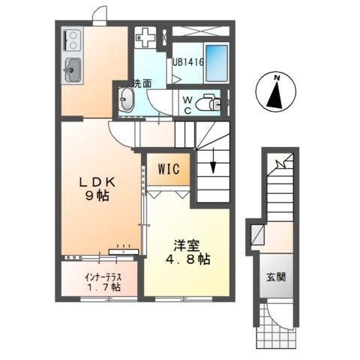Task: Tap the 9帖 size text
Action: tap(98, 200)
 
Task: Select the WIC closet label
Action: tap(168, 169)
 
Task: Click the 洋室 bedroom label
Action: tap(186, 245)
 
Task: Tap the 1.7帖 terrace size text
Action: tap(103, 288)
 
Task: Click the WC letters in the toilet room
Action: tap(188, 103)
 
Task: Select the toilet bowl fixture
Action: tap(212, 104)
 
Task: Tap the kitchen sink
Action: tap(73, 70)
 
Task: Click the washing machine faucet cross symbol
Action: tap(146, 36)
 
